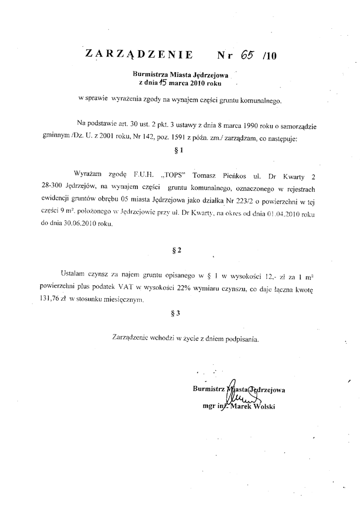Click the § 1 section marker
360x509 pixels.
(180, 150)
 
